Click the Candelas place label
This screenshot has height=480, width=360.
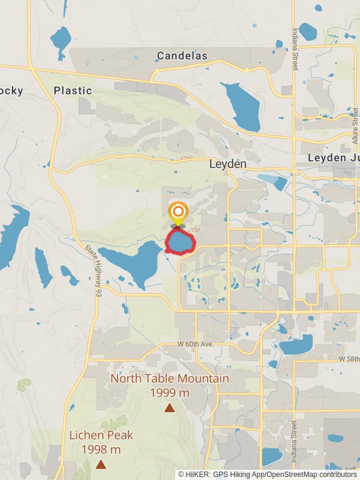click(182, 56)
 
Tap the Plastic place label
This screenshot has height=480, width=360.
click(73, 91)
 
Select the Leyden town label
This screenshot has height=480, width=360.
click(227, 163)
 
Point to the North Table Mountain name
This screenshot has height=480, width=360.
click(170, 379)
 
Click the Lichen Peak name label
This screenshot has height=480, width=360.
click(101, 435)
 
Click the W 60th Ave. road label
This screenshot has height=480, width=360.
click(196, 344)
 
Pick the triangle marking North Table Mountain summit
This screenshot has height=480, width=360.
click(170, 408)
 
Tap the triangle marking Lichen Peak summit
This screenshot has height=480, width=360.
click(101, 464)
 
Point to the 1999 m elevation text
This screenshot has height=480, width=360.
click(170, 393)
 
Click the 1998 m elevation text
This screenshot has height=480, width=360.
click(101, 449)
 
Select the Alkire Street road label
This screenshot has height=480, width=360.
click(355, 127)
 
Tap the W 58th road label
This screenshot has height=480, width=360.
click(349, 358)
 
